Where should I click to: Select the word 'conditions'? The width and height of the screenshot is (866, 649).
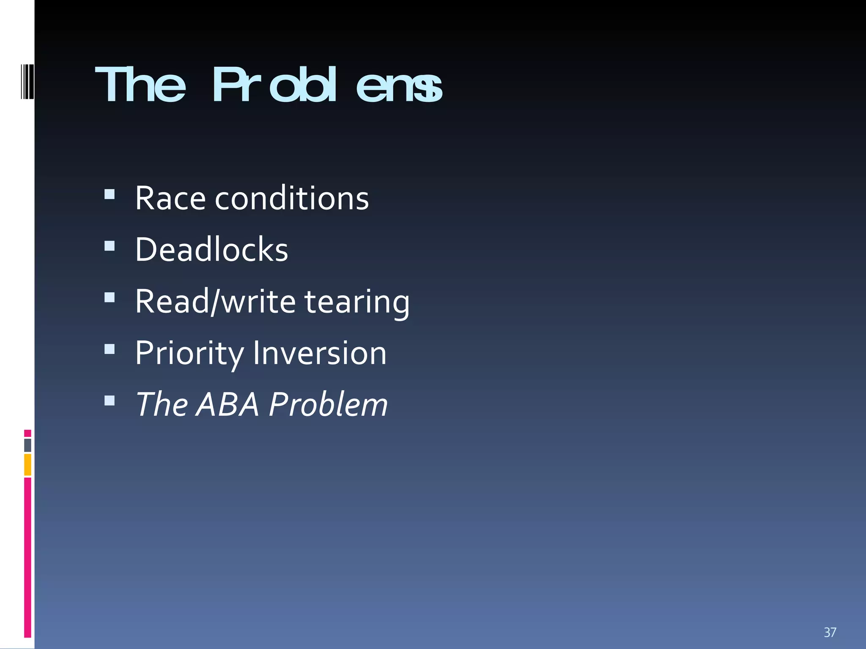pyautogui.click(x=292, y=198)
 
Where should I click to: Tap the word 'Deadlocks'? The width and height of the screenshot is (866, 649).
pyautogui.click(x=211, y=250)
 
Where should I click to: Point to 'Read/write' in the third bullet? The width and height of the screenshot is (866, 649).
pyautogui.click(x=215, y=301)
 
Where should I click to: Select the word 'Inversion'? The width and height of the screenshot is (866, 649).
pyautogui.click(x=320, y=353)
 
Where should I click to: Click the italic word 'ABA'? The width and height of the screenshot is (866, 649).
pyautogui.click(x=227, y=404)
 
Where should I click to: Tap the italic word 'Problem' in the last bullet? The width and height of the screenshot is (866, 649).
pyautogui.click(x=328, y=404)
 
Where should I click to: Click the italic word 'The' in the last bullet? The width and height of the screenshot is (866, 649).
pyautogui.click(x=162, y=404)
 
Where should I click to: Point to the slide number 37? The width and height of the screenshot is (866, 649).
pyautogui.click(x=830, y=632)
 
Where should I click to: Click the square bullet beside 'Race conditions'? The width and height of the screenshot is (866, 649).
pyautogui.click(x=110, y=194)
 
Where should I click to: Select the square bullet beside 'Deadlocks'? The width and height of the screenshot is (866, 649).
pyautogui.click(x=110, y=246)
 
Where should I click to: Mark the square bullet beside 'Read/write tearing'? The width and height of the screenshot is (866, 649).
pyautogui.click(x=110, y=297)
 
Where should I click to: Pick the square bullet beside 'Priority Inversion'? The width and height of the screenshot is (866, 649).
pyautogui.click(x=110, y=349)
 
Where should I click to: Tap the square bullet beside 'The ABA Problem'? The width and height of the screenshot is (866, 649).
pyautogui.click(x=110, y=401)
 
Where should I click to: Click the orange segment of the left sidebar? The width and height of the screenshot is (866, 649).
pyautogui.click(x=27, y=464)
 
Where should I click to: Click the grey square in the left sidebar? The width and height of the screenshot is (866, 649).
pyautogui.click(x=27, y=445)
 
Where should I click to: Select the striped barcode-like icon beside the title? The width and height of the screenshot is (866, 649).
pyautogui.click(x=27, y=81)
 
